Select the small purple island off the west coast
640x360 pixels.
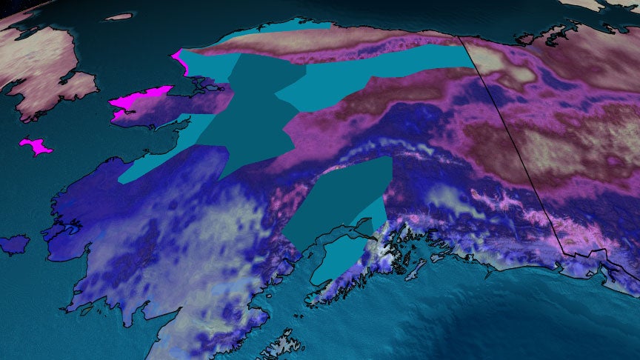pos(14,244)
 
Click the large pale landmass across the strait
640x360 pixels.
pos(37,67)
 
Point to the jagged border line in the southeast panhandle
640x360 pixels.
pos(593,256)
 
